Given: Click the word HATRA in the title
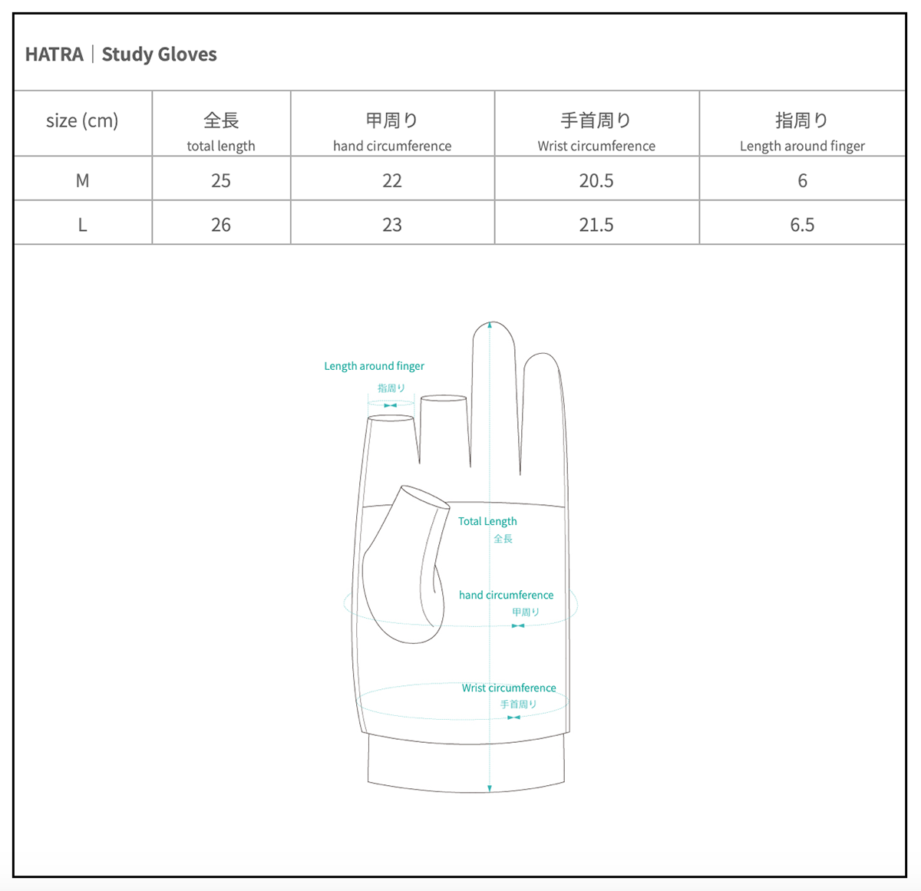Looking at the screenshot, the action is tap(54, 54).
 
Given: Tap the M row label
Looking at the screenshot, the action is tap(82, 180).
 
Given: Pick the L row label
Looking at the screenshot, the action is tap(82, 224).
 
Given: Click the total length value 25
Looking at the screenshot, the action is tap(221, 180).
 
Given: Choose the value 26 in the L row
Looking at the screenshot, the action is tap(221, 224).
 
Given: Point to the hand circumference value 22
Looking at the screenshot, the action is tap(392, 180).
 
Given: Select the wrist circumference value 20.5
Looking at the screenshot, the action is tap(596, 180).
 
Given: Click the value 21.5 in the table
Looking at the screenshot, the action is tap(596, 224).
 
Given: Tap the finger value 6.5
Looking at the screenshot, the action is tap(802, 224).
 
